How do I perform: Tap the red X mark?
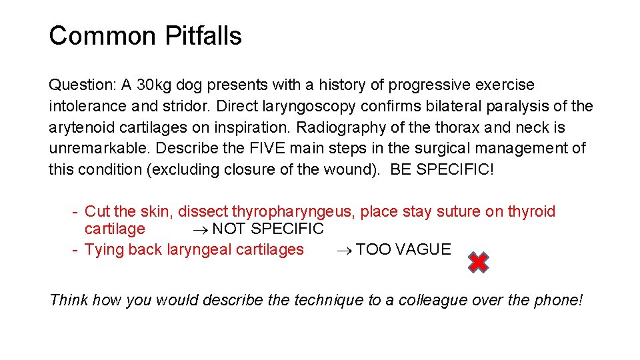[478, 263]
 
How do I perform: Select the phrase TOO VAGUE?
[403, 250]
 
